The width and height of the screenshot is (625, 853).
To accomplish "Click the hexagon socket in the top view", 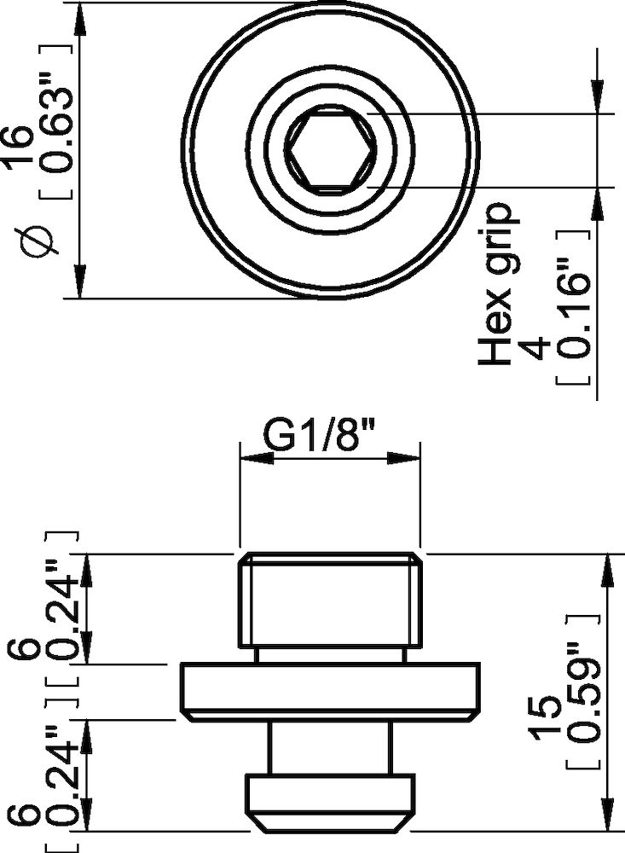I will [329, 150].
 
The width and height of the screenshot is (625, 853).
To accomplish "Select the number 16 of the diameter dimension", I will [24, 149].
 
